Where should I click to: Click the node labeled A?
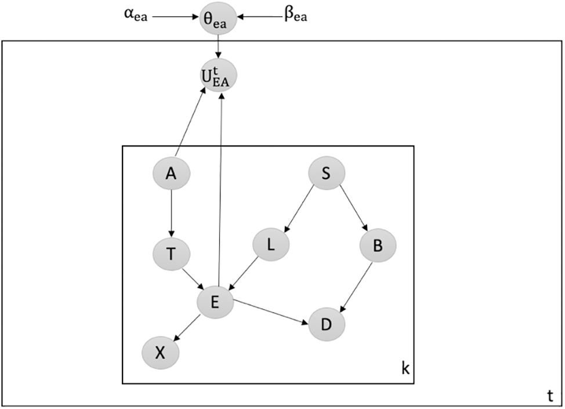[x=171, y=173]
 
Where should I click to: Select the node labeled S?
[x=326, y=173]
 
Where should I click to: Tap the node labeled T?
[x=171, y=254]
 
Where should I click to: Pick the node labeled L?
[x=271, y=245]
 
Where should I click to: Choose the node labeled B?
[x=377, y=245]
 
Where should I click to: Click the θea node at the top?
[x=218, y=18]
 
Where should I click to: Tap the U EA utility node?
[x=218, y=76]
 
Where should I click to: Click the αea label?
[x=132, y=17]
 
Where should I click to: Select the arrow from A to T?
[x=171, y=213]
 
